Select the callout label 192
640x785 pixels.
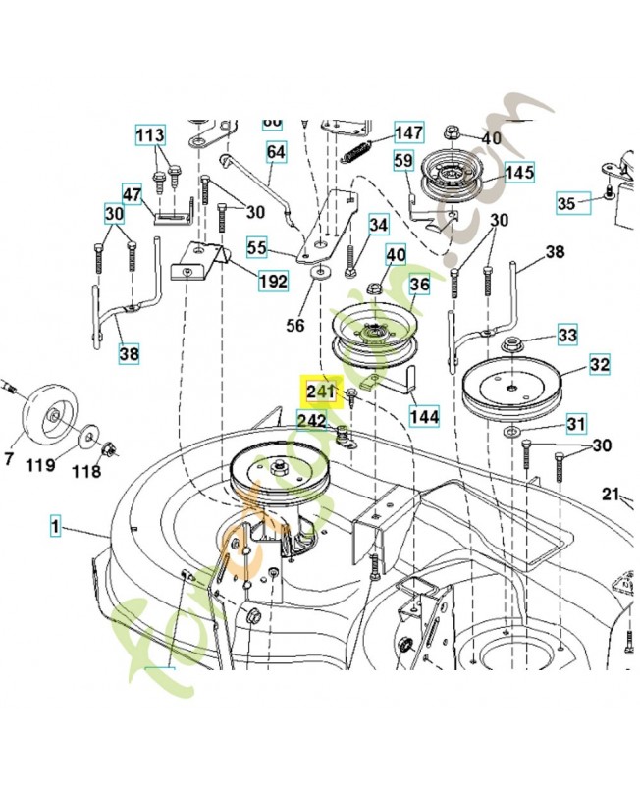pos(273,282)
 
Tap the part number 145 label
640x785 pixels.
pos(519,173)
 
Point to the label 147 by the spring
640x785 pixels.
pos(408,132)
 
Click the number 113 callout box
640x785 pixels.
pos(150,134)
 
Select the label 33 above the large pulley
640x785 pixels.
pos(567,336)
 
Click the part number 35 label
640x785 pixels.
pos(566,204)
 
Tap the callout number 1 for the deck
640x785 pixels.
pos(57,528)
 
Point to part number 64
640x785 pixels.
pos(276,152)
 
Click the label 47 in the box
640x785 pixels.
pos(133,193)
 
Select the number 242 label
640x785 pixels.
pos(312,420)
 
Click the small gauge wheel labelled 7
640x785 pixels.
pos(42,416)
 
